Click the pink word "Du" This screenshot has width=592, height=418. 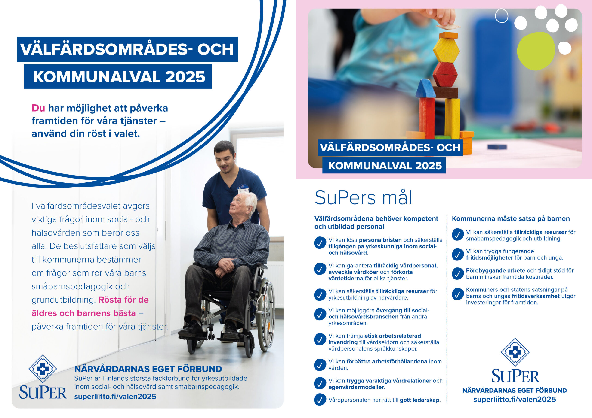point(38,108)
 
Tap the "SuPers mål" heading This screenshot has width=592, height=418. point(363,198)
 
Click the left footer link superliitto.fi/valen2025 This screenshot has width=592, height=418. point(115,396)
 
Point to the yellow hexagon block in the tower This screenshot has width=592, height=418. point(446,50)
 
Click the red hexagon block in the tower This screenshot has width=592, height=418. point(445,74)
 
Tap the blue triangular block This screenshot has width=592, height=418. point(426,88)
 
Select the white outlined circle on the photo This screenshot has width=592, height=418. point(502,16)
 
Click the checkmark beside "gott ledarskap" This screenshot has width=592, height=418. point(320,400)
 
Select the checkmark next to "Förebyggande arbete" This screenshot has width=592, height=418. point(458,273)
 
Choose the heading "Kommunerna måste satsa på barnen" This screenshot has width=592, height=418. point(511,219)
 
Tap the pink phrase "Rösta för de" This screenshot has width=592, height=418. point(123,300)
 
